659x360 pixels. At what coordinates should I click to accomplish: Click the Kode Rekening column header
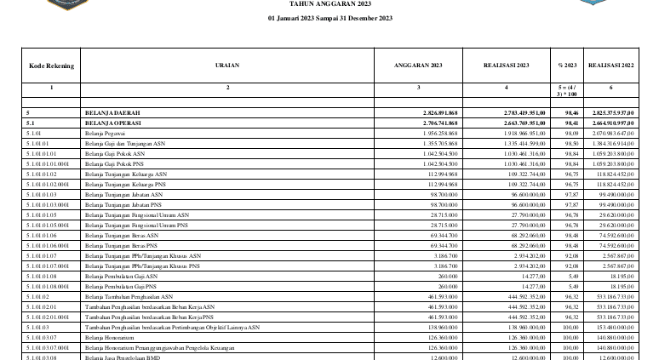coord(51,66)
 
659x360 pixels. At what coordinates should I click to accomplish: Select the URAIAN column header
coord(227,66)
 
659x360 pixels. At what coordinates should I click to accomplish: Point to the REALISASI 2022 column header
coord(610,66)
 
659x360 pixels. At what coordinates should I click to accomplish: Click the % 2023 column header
coord(566,66)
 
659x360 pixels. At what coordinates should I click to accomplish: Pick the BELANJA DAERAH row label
coord(112,112)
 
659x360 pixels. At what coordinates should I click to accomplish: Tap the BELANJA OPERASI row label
coord(113,123)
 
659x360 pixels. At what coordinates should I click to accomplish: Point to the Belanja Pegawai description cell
coord(105,134)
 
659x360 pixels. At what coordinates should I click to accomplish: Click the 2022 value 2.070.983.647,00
coord(610,134)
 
